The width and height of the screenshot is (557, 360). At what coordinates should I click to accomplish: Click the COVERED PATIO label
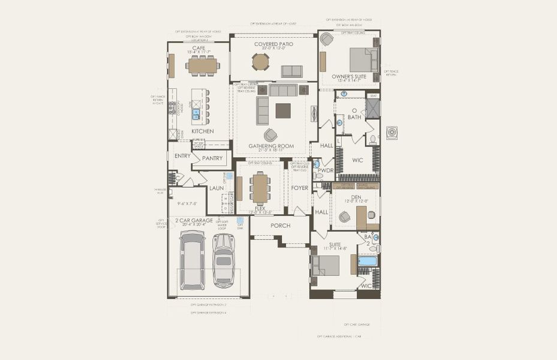[273, 44]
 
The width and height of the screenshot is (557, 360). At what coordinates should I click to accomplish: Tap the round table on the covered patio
[261, 62]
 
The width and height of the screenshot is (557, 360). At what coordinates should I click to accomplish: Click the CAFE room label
[199, 47]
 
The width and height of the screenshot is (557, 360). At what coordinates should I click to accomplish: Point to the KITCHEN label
[202, 131]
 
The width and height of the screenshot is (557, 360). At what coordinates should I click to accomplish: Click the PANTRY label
[212, 158]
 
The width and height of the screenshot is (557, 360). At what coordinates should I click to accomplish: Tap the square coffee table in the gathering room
[283, 110]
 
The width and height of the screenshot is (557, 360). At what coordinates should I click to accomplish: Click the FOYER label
[299, 188]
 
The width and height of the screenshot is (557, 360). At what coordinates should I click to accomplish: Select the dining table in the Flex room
[260, 188]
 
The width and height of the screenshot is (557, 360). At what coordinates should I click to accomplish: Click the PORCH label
[280, 226]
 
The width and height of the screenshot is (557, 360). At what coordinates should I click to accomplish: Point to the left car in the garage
[192, 260]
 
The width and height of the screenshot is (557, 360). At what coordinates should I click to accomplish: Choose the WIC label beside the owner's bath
[358, 160]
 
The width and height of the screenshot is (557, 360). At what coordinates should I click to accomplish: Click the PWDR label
[325, 170]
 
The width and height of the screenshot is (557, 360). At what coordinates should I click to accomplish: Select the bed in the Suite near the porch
[326, 265]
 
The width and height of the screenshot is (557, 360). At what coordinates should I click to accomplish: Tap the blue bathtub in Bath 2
[368, 261]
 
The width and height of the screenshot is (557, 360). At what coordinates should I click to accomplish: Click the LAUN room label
[216, 188]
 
